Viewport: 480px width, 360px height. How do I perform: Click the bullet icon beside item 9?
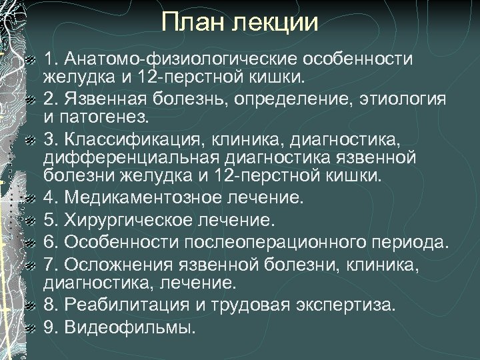coord(30,327)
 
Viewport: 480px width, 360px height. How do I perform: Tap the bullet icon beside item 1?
coord(30,59)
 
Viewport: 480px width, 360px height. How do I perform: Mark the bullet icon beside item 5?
coord(30,219)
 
